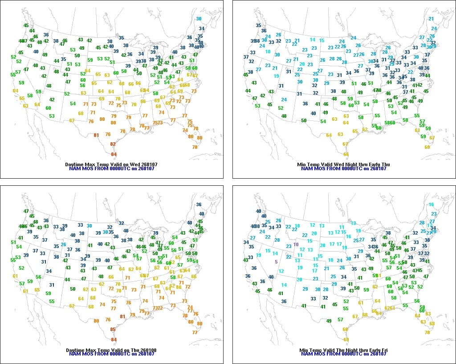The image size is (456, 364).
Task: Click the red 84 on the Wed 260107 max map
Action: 114,154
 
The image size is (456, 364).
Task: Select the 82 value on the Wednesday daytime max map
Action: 113,144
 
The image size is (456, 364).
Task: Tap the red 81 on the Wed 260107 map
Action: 96,135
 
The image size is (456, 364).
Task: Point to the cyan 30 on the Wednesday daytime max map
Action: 199,19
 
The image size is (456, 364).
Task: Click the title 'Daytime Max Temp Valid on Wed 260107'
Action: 111,164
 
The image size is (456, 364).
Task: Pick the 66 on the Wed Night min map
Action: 346,154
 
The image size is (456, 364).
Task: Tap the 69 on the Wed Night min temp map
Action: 427,147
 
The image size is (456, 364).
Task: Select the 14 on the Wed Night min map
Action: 313,40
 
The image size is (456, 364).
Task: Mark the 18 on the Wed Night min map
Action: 268,52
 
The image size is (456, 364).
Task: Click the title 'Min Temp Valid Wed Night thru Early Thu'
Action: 343,164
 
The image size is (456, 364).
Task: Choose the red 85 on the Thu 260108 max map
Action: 113,329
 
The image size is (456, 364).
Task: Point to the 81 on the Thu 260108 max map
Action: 122,316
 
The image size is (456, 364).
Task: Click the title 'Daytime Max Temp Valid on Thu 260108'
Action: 111,350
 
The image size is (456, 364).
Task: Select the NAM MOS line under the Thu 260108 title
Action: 111,355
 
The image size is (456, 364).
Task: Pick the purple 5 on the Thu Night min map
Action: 276,262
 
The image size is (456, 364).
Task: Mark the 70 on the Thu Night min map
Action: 427,332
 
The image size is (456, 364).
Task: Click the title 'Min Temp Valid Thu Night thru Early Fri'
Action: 343,350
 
